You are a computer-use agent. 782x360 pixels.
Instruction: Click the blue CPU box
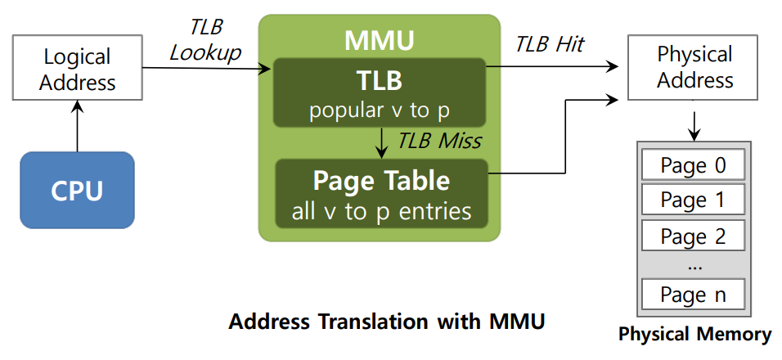[77, 190]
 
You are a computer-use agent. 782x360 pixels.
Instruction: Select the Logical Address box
[78, 70]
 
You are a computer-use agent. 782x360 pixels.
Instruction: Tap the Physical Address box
[694, 68]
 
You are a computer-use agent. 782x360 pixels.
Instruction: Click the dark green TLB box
[380, 92]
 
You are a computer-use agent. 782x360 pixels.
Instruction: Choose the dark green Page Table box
[381, 193]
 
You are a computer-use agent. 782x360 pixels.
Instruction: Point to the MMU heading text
[379, 39]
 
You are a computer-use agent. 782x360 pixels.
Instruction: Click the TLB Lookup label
[205, 40]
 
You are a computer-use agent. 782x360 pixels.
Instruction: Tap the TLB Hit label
[549, 44]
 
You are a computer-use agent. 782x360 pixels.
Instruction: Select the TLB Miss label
[438, 141]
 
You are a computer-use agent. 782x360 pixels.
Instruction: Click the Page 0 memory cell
[693, 165]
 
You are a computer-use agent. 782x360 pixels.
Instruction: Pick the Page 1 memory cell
[693, 200]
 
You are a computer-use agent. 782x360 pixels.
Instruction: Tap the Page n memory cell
[693, 294]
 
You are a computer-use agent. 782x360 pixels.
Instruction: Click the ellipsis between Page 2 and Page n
[693, 265]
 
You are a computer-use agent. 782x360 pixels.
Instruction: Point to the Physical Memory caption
[694, 335]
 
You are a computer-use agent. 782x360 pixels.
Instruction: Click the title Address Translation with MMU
[386, 322]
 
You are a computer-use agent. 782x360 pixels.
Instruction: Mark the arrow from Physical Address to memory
[694, 122]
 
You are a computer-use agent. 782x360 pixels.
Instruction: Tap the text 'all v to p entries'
[381, 212]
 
